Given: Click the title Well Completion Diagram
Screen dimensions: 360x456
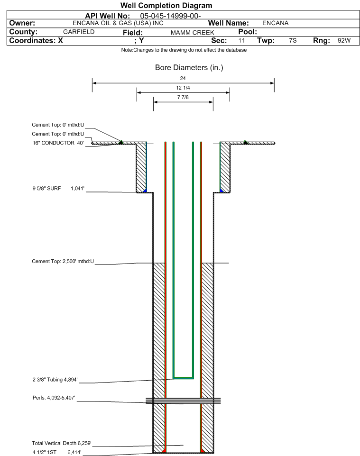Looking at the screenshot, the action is (x=166, y=6).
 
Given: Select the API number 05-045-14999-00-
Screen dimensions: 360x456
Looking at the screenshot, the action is (x=171, y=16).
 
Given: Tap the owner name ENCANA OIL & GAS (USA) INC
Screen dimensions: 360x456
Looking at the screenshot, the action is (x=118, y=23).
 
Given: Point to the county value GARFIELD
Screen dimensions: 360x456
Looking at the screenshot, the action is (x=79, y=32).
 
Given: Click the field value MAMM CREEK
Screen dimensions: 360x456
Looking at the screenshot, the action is (x=193, y=33).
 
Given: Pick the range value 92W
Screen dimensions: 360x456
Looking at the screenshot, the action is (x=344, y=40).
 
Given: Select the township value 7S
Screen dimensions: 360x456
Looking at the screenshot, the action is (x=293, y=40).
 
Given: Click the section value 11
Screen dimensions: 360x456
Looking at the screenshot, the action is (x=241, y=40).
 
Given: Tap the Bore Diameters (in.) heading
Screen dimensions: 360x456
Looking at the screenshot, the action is (x=189, y=68).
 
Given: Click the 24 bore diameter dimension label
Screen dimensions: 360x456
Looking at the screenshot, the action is (x=183, y=78).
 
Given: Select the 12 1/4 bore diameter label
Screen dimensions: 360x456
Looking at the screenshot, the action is (x=183, y=88).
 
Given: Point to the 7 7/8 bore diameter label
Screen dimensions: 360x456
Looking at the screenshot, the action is (x=183, y=97).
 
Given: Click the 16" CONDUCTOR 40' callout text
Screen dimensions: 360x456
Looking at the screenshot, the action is (x=58, y=143).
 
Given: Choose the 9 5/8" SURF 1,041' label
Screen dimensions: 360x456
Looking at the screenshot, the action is (x=58, y=189).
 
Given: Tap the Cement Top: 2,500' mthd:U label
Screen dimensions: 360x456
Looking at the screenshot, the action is (x=63, y=261).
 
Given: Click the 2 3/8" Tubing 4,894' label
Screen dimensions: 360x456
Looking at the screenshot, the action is (x=55, y=380).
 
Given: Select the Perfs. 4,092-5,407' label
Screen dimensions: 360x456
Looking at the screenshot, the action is (x=54, y=398).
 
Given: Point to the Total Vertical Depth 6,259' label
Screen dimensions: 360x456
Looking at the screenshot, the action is (x=62, y=443).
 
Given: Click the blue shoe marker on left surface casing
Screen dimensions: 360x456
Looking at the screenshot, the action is (x=145, y=190).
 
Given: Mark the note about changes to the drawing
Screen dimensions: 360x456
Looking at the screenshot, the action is (x=184, y=50).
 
